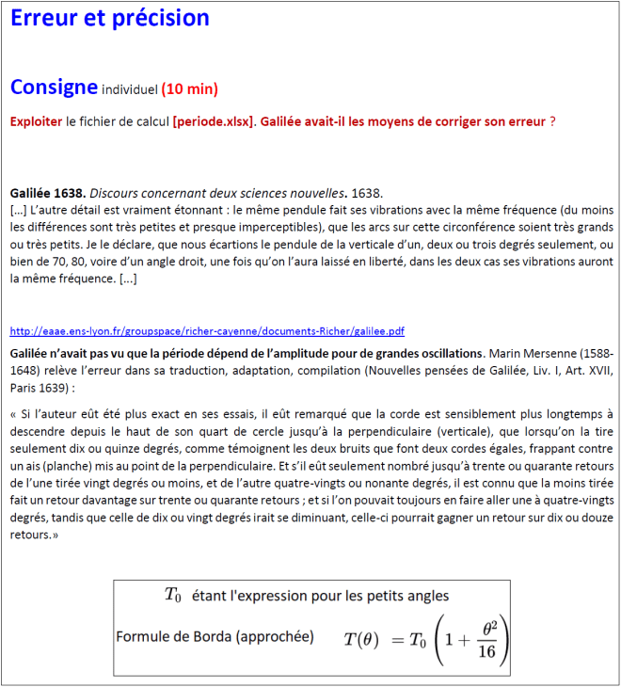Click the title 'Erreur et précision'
pos(110,18)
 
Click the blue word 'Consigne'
pos(54,88)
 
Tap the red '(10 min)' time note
pos(189,89)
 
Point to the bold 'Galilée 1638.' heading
pos(47,193)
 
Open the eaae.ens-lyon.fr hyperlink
pos(207,331)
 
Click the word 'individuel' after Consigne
pos(129,90)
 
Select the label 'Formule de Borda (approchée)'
pos(215,637)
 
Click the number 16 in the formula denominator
pos(486,651)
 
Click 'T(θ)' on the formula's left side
pos(361,640)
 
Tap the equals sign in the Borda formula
pos(398,640)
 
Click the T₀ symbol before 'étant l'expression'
pos(172,595)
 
